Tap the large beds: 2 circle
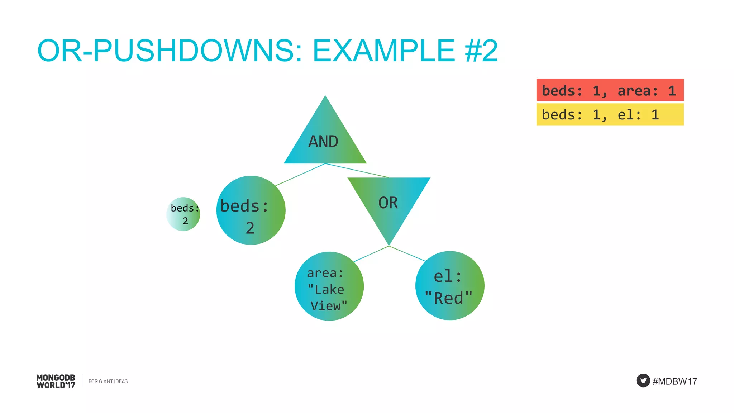click(251, 210)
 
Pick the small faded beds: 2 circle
click(183, 214)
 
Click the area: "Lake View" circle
click(329, 286)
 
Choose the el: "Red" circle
click(450, 286)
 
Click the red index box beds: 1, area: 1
click(610, 90)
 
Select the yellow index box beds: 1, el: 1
click(610, 115)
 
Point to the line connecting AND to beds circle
click(300, 175)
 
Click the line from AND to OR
click(357, 171)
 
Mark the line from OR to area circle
click(371, 254)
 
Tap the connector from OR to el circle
click(407, 253)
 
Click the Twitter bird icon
click(643, 380)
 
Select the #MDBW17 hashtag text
click(675, 381)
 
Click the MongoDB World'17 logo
click(56, 381)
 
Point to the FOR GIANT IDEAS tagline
click(108, 381)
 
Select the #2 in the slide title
click(481, 51)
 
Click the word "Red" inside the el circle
click(449, 298)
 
